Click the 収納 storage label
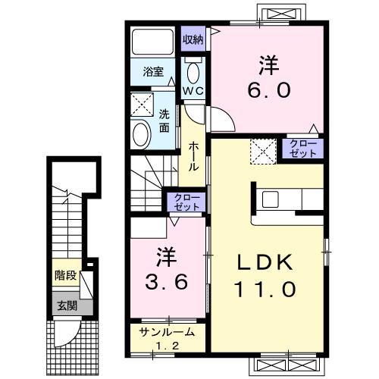tap(193, 39)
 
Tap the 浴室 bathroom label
tap(153, 71)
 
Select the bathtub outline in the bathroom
tap(153, 42)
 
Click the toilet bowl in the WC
tap(193, 72)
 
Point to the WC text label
tap(193, 91)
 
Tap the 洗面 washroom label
tap(164, 121)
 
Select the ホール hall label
tap(193, 156)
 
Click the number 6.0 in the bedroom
tap(268, 89)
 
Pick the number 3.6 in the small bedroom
tap(167, 282)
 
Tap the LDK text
tap(265, 263)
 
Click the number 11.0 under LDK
tap(265, 289)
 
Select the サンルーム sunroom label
tap(168, 332)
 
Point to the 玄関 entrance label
tap(67, 306)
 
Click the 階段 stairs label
tap(65, 275)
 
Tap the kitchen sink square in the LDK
tap(270, 199)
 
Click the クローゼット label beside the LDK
tap(303, 149)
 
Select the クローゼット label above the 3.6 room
tap(187, 202)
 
